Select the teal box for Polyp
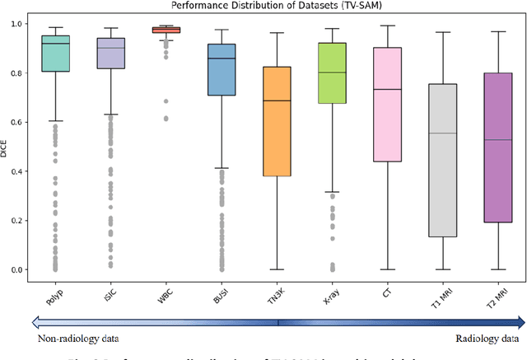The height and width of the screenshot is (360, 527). pyautogui.click(x=56, y=54)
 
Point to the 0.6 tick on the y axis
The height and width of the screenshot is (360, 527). pyautogui.click(x=21, y=122)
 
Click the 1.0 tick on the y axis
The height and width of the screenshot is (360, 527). pyautogui.click(x=21, y=24)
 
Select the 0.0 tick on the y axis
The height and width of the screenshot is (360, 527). pyautogui.click(x=21, y=269)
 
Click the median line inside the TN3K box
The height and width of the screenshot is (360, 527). pyautogui.click(x=276, y=101)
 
